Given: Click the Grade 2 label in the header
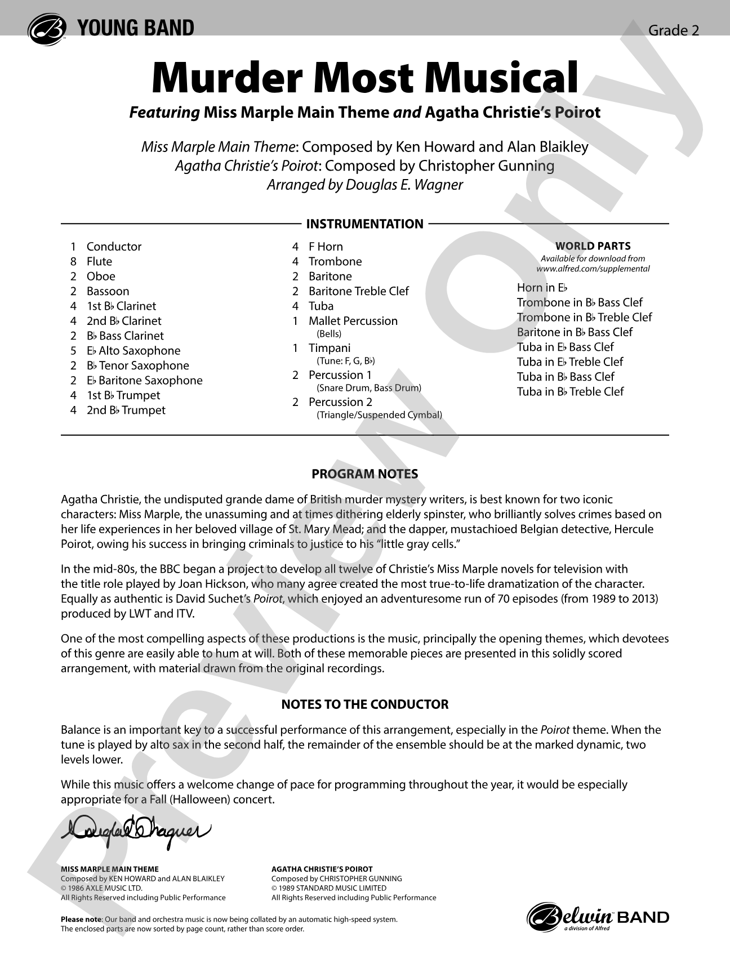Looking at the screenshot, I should (673, 30).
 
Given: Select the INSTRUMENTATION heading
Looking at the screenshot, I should (364, 224).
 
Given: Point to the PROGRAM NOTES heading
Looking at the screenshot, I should (364, 474).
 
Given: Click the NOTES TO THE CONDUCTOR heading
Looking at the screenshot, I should (364, 704).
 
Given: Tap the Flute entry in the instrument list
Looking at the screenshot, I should (99, 261).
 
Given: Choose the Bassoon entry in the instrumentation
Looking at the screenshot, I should (108, 291).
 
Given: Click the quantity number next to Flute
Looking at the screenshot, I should (73, 261).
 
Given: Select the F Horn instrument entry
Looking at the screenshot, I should (325, 247).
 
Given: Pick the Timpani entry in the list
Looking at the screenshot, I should (329, 348).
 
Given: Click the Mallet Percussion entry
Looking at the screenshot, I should (353, 321).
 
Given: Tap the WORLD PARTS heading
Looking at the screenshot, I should (593, 246).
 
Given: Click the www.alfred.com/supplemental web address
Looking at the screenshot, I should (593, 269).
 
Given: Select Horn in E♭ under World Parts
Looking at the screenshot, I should (542, 288).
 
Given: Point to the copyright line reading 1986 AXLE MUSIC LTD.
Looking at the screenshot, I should (101, 888).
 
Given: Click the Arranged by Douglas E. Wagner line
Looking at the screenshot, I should (364, 185).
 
